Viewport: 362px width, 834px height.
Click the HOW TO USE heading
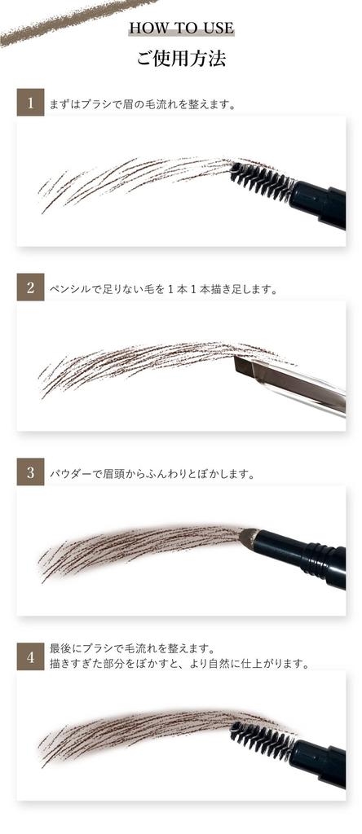(181, 29)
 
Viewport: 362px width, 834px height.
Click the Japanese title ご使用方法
(181, 59)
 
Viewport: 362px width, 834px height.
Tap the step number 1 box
(30, 103)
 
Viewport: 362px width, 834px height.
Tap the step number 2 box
(30, 288)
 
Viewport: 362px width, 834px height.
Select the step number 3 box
(30, 472)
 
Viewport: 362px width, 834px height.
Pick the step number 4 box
(30, 656)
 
